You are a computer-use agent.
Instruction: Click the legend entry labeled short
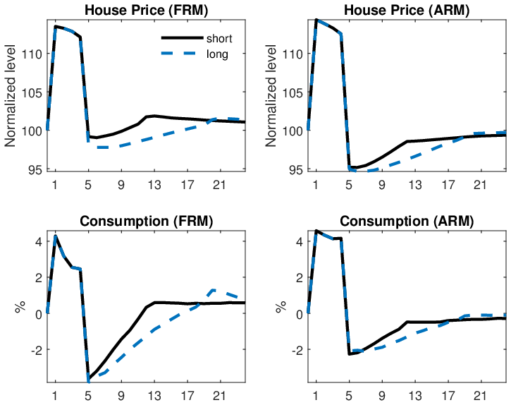click(216, 38)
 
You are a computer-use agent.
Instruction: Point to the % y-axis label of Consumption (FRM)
click(18, 308)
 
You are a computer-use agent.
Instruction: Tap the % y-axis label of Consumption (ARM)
click(280, 308)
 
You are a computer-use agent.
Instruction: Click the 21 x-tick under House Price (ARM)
click(479, 186)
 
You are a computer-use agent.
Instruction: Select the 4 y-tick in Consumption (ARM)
click(300, 241)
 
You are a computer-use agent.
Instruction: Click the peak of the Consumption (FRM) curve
click(56, 236)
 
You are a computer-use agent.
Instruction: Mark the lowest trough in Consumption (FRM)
click(89, 381)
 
